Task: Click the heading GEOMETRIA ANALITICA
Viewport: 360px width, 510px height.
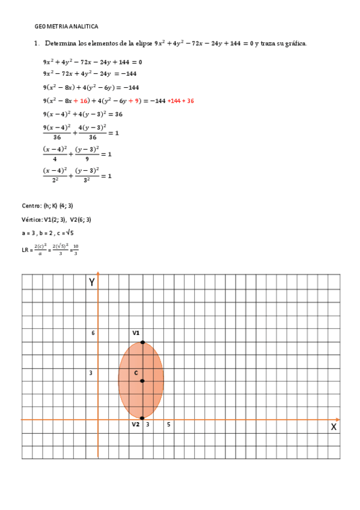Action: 66,26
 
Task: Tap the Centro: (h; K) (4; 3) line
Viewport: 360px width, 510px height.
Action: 47,206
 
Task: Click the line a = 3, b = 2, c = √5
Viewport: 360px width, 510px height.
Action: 47,232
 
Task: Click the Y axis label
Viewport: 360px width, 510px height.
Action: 92,282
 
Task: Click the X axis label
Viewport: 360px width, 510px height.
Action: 334,426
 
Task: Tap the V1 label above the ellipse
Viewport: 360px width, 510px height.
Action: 136,333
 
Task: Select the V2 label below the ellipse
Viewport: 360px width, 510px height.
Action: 136,425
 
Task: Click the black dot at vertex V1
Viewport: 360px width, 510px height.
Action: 142,342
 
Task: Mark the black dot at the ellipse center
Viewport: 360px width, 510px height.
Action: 142,381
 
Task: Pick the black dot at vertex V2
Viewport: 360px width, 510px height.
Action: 142,418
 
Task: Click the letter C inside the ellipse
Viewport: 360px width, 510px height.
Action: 136,373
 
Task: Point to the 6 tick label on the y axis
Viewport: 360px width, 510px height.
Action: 93,333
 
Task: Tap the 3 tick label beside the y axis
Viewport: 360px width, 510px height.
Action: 91,373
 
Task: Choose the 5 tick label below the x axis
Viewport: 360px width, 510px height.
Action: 168,425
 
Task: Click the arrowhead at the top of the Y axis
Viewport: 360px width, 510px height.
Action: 98,274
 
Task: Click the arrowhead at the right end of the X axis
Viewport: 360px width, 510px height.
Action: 338,419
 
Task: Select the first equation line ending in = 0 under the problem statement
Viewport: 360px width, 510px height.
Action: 93,62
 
